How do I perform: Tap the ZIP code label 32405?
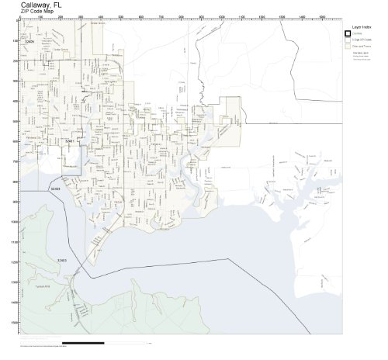pos(30,41)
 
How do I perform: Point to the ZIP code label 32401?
pos(69,141)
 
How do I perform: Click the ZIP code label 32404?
pos(54,189)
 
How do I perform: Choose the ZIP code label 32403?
pos(61,260)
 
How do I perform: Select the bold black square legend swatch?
pos(348,33)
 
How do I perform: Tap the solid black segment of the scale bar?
pos(82,342)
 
